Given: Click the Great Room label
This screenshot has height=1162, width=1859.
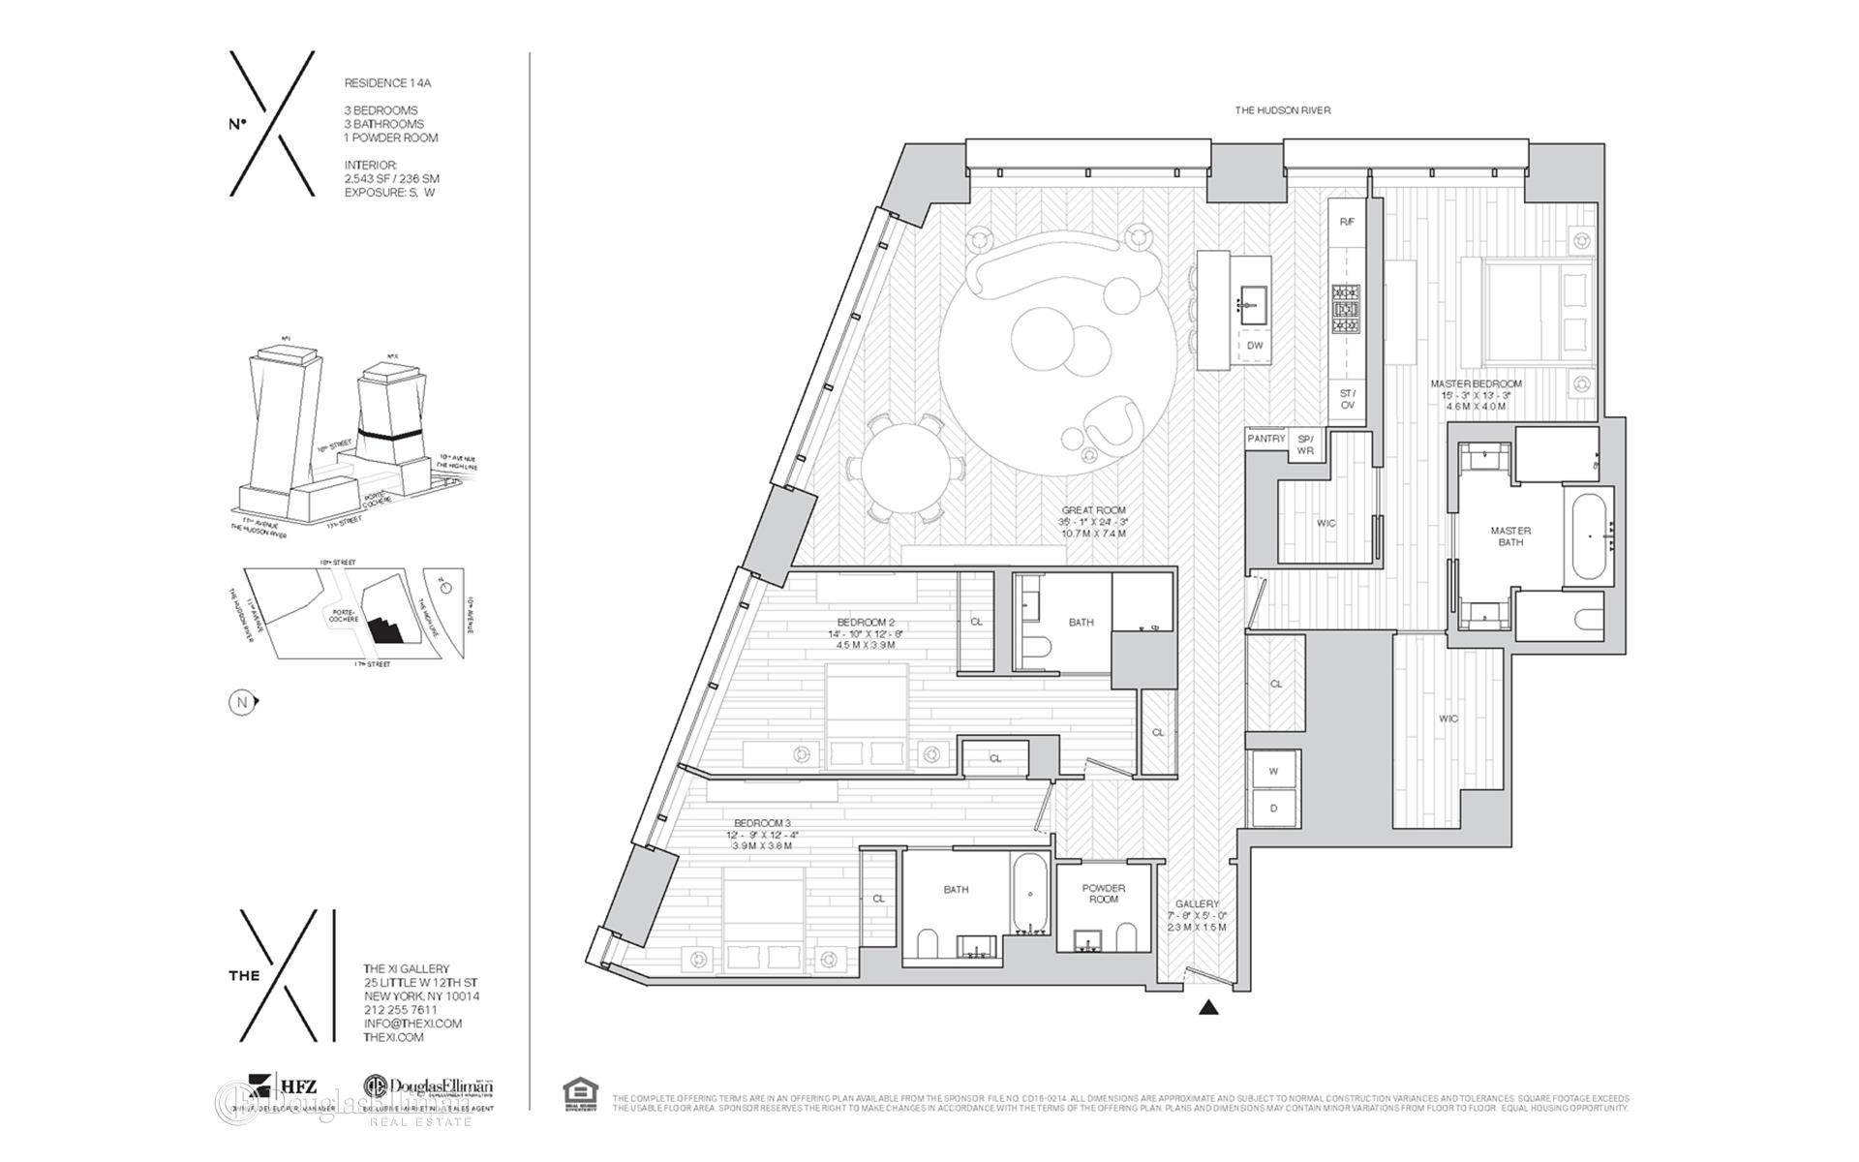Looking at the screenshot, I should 1093,510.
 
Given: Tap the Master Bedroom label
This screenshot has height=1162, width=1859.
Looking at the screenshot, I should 1476,384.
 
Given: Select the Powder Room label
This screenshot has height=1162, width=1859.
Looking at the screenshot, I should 1104,894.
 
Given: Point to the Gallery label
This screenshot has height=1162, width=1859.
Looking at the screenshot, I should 1197,903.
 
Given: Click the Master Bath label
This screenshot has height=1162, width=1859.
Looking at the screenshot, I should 1510,536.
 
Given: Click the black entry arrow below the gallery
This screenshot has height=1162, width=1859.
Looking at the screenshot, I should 1207,1007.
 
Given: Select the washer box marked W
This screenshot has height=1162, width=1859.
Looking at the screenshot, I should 1273,772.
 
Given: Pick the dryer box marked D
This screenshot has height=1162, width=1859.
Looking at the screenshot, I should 1273,809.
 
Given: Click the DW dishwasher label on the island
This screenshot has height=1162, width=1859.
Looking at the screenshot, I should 1255,346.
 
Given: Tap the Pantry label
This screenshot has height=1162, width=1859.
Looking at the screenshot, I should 1265,439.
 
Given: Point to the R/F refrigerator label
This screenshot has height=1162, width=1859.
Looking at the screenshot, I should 1347,223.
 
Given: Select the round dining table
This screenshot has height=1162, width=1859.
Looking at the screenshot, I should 907,470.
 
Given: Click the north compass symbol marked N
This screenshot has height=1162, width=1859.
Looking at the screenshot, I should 243,702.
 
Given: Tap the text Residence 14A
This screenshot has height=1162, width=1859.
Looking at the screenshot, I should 387,83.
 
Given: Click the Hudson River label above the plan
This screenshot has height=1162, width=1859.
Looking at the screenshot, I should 1282,110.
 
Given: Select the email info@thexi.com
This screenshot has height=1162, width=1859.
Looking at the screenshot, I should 412,1024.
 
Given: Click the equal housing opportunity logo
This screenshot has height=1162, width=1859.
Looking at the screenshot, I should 580,1094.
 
